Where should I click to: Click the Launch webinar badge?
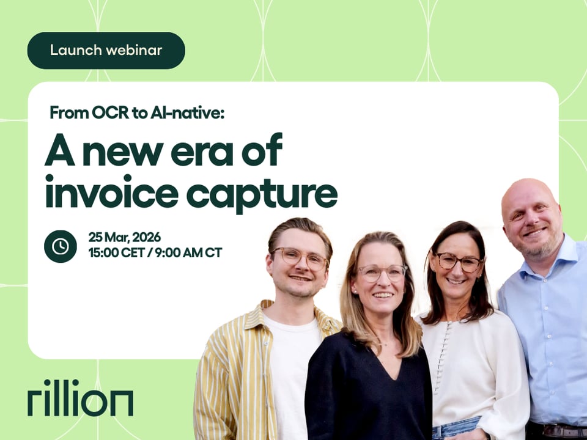click(x=106, y=51)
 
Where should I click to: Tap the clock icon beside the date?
click(x=61, y=246)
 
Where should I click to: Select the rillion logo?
click(x=80, y=397)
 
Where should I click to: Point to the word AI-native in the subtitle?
click(x=187, y=112)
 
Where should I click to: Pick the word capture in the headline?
click(x=262, y=194)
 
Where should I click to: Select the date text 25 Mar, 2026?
click(x=125, y=237)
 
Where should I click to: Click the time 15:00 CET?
click(x=116, y=253)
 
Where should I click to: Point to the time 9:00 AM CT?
click(x=189, y=253)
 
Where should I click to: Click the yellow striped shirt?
click(x=240, y=374)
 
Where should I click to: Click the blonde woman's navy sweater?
click(x=369, y=393)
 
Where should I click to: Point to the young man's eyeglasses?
click(x=300, y=258)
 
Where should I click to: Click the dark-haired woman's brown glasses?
click(x=459, y=263)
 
